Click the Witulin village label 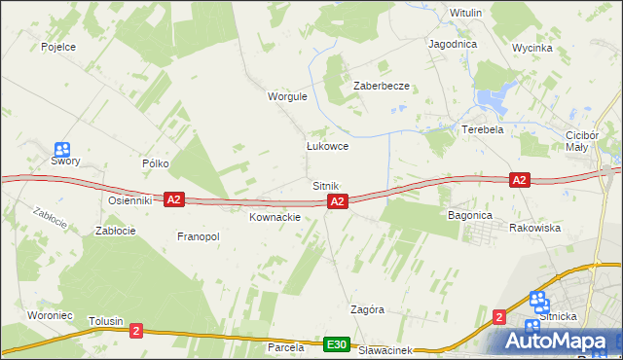465,13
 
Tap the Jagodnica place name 452,45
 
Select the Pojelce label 58,46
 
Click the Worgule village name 287,96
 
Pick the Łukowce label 327,146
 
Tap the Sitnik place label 325,185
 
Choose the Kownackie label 275,217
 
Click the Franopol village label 199,236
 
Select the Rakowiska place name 534,228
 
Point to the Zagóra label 367,309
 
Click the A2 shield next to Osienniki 173,199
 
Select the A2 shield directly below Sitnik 337,201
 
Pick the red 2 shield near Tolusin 135,330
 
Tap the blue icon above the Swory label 62,150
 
